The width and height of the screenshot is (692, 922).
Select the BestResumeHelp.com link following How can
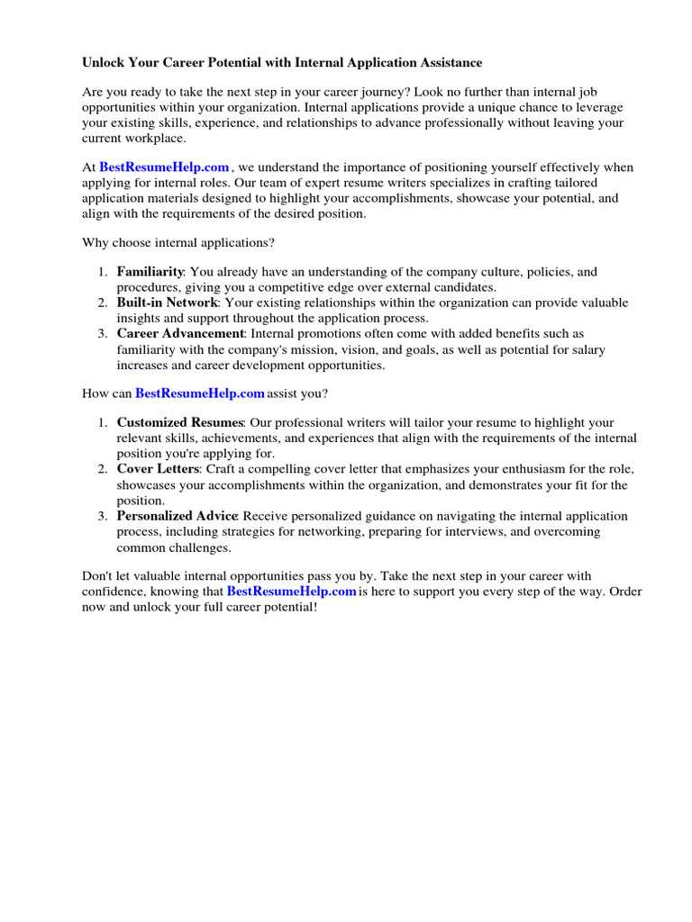pos(199,393)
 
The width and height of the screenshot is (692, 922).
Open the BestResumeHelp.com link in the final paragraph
pos(291,591)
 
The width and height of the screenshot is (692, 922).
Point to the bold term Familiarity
pos(150,271)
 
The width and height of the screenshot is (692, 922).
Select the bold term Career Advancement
pos(180,334)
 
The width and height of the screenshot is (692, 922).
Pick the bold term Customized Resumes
pos(180,422)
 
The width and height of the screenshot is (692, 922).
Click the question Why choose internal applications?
pos(178,242)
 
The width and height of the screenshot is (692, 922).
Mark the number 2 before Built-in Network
pos(103,303)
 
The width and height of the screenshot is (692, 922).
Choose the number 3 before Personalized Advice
pos(103,516)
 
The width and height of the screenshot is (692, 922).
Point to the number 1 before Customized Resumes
pos(103,422)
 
